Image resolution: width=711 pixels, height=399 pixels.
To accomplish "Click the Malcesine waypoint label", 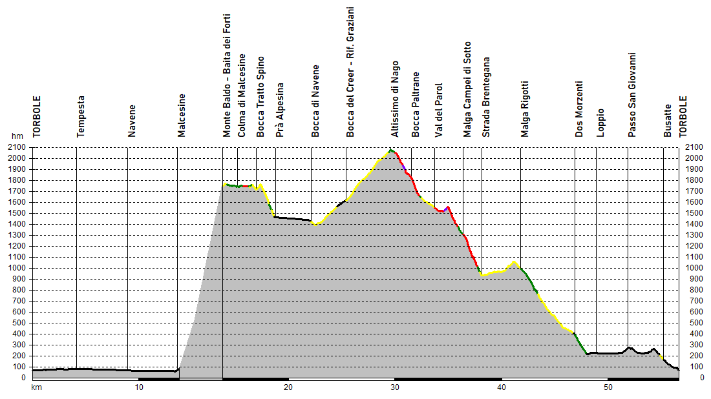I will click(182, 116).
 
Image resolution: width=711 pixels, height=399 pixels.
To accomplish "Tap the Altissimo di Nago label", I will click(395, 99).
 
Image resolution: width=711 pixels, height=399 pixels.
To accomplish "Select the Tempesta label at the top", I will click(81, 116).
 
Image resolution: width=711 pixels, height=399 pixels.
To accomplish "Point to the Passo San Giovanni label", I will click(632, 95).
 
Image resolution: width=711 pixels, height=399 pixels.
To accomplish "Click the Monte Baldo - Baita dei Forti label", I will click(227, 76).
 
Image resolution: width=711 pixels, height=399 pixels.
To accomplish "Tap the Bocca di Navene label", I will click(315, 101).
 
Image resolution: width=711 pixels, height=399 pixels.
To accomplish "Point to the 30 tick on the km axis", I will click(394, 387).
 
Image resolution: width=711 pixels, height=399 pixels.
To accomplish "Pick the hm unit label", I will click(17, 137).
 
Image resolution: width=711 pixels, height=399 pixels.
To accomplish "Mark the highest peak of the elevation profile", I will click(390, 150).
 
